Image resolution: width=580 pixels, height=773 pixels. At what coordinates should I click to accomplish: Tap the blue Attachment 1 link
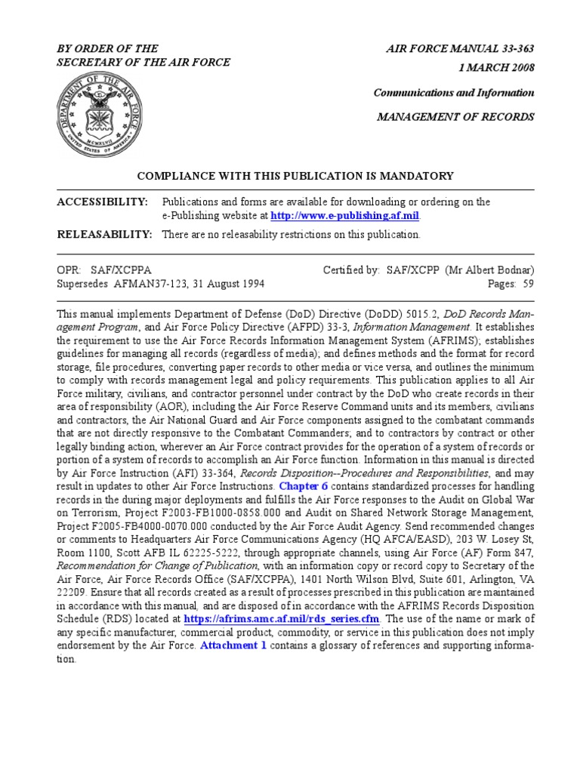pyautogui.click(x=233, y=646)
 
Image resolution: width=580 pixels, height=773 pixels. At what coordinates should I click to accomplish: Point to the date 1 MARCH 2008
pyautogui.click(x=496, y=68)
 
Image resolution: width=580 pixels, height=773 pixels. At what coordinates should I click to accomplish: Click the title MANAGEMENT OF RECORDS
pyautogui.click(x=456, y=117)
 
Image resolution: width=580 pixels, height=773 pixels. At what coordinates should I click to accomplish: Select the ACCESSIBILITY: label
pyautogui.click(x=103, y=202)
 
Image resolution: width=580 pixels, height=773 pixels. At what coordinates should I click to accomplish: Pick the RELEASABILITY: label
pyautogui.click(x=105, y=235)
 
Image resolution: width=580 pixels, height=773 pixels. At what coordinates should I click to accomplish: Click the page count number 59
pyautogui.click(x=528, y=284)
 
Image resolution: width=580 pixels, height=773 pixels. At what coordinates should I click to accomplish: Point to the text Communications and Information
pyautogui.click(x=454, y=93)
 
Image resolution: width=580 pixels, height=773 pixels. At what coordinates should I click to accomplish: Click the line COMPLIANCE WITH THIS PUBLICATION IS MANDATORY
pyautogui.click(x=295, y=176)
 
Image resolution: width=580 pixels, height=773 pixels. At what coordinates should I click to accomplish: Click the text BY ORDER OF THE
pyautogui.click(x=108, y=49)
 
